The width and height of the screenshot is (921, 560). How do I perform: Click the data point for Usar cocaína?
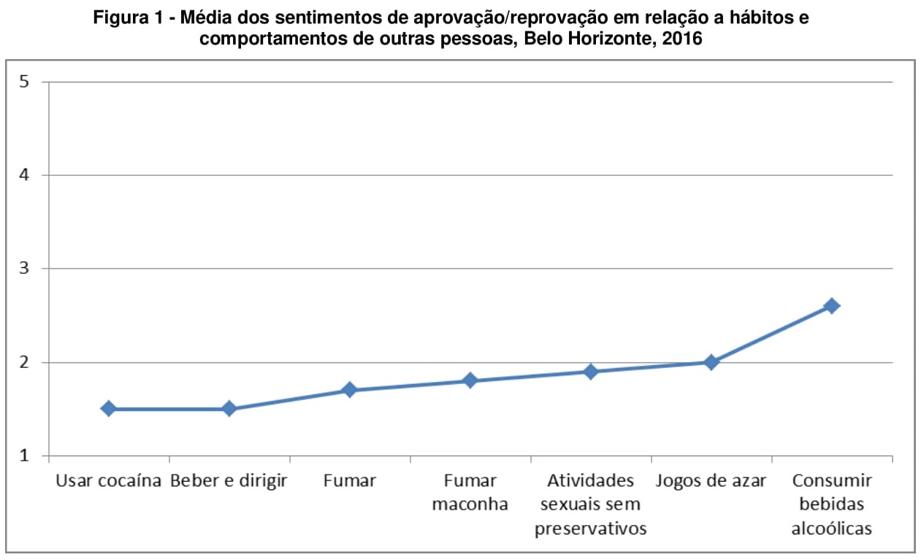pos(109,409)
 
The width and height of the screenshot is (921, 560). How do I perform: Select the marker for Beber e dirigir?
pos(229,409)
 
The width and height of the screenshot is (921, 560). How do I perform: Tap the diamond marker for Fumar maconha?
pos(470,380)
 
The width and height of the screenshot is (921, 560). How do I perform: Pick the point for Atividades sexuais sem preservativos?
pos(591,372)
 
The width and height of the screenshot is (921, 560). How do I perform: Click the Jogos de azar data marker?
pos(711,362)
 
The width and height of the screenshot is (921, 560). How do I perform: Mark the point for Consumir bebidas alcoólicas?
pos(831,306)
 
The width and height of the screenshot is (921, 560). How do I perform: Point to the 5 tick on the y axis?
pos(25,82)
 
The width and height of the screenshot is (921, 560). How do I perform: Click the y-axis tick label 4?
pos(25,175)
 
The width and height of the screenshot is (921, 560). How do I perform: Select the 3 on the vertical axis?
pos(25,269)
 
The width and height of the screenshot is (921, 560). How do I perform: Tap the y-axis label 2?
pos(25,362)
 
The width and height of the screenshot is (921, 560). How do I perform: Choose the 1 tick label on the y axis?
pos(25,456)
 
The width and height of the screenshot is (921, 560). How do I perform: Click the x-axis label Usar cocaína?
pos(108,480)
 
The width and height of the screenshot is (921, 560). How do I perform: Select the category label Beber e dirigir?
pos(229,480)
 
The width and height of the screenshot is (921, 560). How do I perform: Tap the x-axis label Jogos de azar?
pos(711,480)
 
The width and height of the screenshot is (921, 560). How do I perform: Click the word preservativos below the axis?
pos(591,528)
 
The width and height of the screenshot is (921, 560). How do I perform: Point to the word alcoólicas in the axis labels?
pos(831,528)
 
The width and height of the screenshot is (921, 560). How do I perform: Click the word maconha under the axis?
pos(470,504)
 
